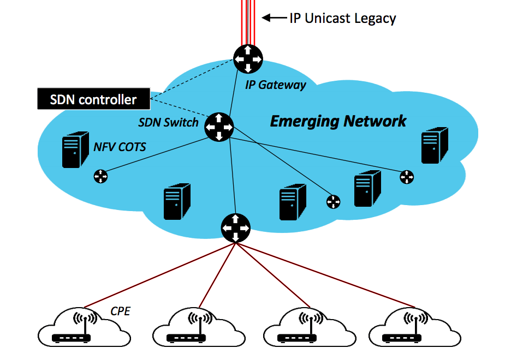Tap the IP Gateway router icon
coord(248,58)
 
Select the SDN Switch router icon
coord(219,127)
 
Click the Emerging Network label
coord(338,121)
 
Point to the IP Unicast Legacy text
coord(342,18)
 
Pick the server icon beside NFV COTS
coord(75,148)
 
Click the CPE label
coord(120,311)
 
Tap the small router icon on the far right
coord(407,177)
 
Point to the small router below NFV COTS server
coord(100,176)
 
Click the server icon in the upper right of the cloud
coord(435,145)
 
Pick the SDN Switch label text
coord(168,122)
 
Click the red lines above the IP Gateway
coord(248,22)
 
